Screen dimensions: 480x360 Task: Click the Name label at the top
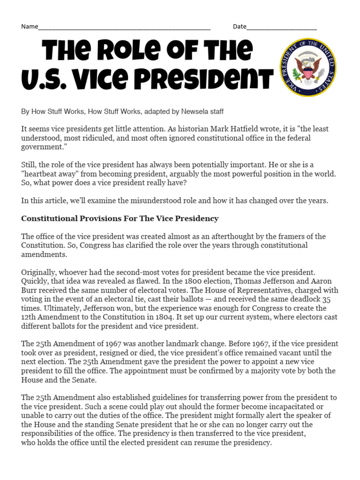[29, 26]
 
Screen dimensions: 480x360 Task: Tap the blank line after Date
[281, 27]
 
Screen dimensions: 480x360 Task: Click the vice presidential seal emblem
[307, 67]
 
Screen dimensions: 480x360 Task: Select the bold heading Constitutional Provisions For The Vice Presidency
[120, 218]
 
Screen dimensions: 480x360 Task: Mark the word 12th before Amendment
[29, 317]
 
